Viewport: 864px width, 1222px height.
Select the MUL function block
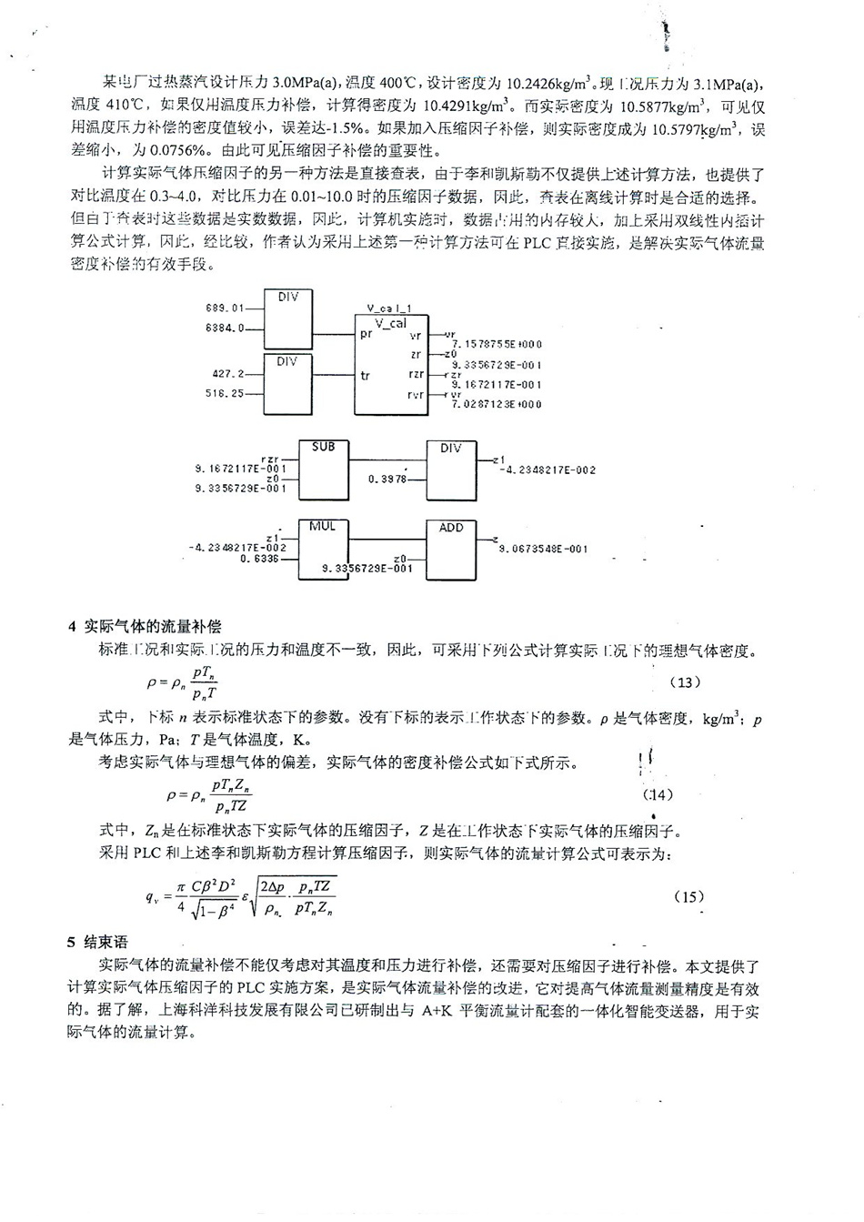[323, 550]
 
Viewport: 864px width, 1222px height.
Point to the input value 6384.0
[225, 328]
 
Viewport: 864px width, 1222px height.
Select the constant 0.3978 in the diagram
[388, 479]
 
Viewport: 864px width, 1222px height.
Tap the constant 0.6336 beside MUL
[259, 559]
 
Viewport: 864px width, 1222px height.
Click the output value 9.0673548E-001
[543, 549]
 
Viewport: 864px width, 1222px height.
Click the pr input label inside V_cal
[366, 334]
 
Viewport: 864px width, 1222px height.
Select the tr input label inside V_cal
[365, 375]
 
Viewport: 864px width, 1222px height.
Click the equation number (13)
[685, 682]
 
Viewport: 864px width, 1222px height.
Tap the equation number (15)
[688, 896]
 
